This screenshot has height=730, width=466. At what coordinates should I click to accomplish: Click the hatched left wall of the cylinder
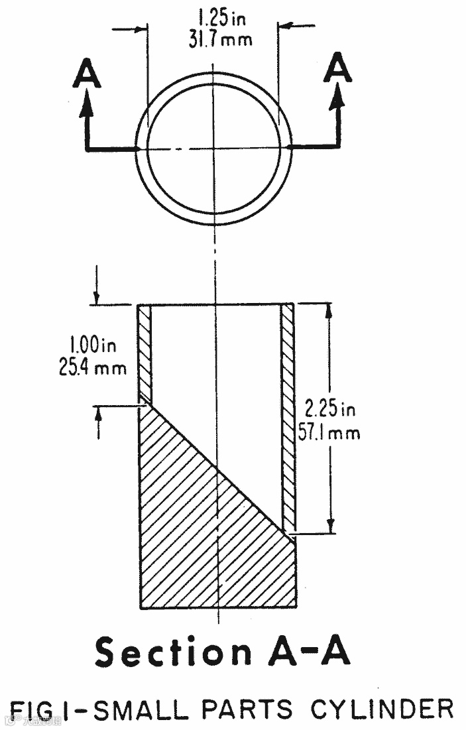pos(145,351)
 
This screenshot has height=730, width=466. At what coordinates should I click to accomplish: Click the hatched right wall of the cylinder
pos(287,411)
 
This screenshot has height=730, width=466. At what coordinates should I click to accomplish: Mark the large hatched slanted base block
pos(199,530)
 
